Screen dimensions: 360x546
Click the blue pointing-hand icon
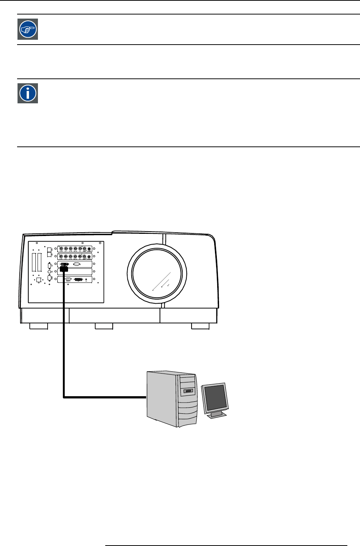coord(28,29)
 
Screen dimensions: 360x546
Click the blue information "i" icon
coord(28,93)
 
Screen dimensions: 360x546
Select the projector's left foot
coord(39,326)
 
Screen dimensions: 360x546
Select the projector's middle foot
coord(104,326)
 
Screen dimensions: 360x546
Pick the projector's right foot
coord(200,326)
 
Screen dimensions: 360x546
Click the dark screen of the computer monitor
coord(215,397)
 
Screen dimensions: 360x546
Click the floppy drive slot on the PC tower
coord(188,391)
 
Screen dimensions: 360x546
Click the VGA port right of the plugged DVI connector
coord(77,264)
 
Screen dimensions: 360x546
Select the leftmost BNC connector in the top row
coord(61,249)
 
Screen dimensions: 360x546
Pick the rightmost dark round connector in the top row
coord(89,249)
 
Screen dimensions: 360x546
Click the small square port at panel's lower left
coord(38,280)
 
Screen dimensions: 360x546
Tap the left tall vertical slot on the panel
coord(34,262)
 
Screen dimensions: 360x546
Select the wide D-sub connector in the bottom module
coord(78,279)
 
